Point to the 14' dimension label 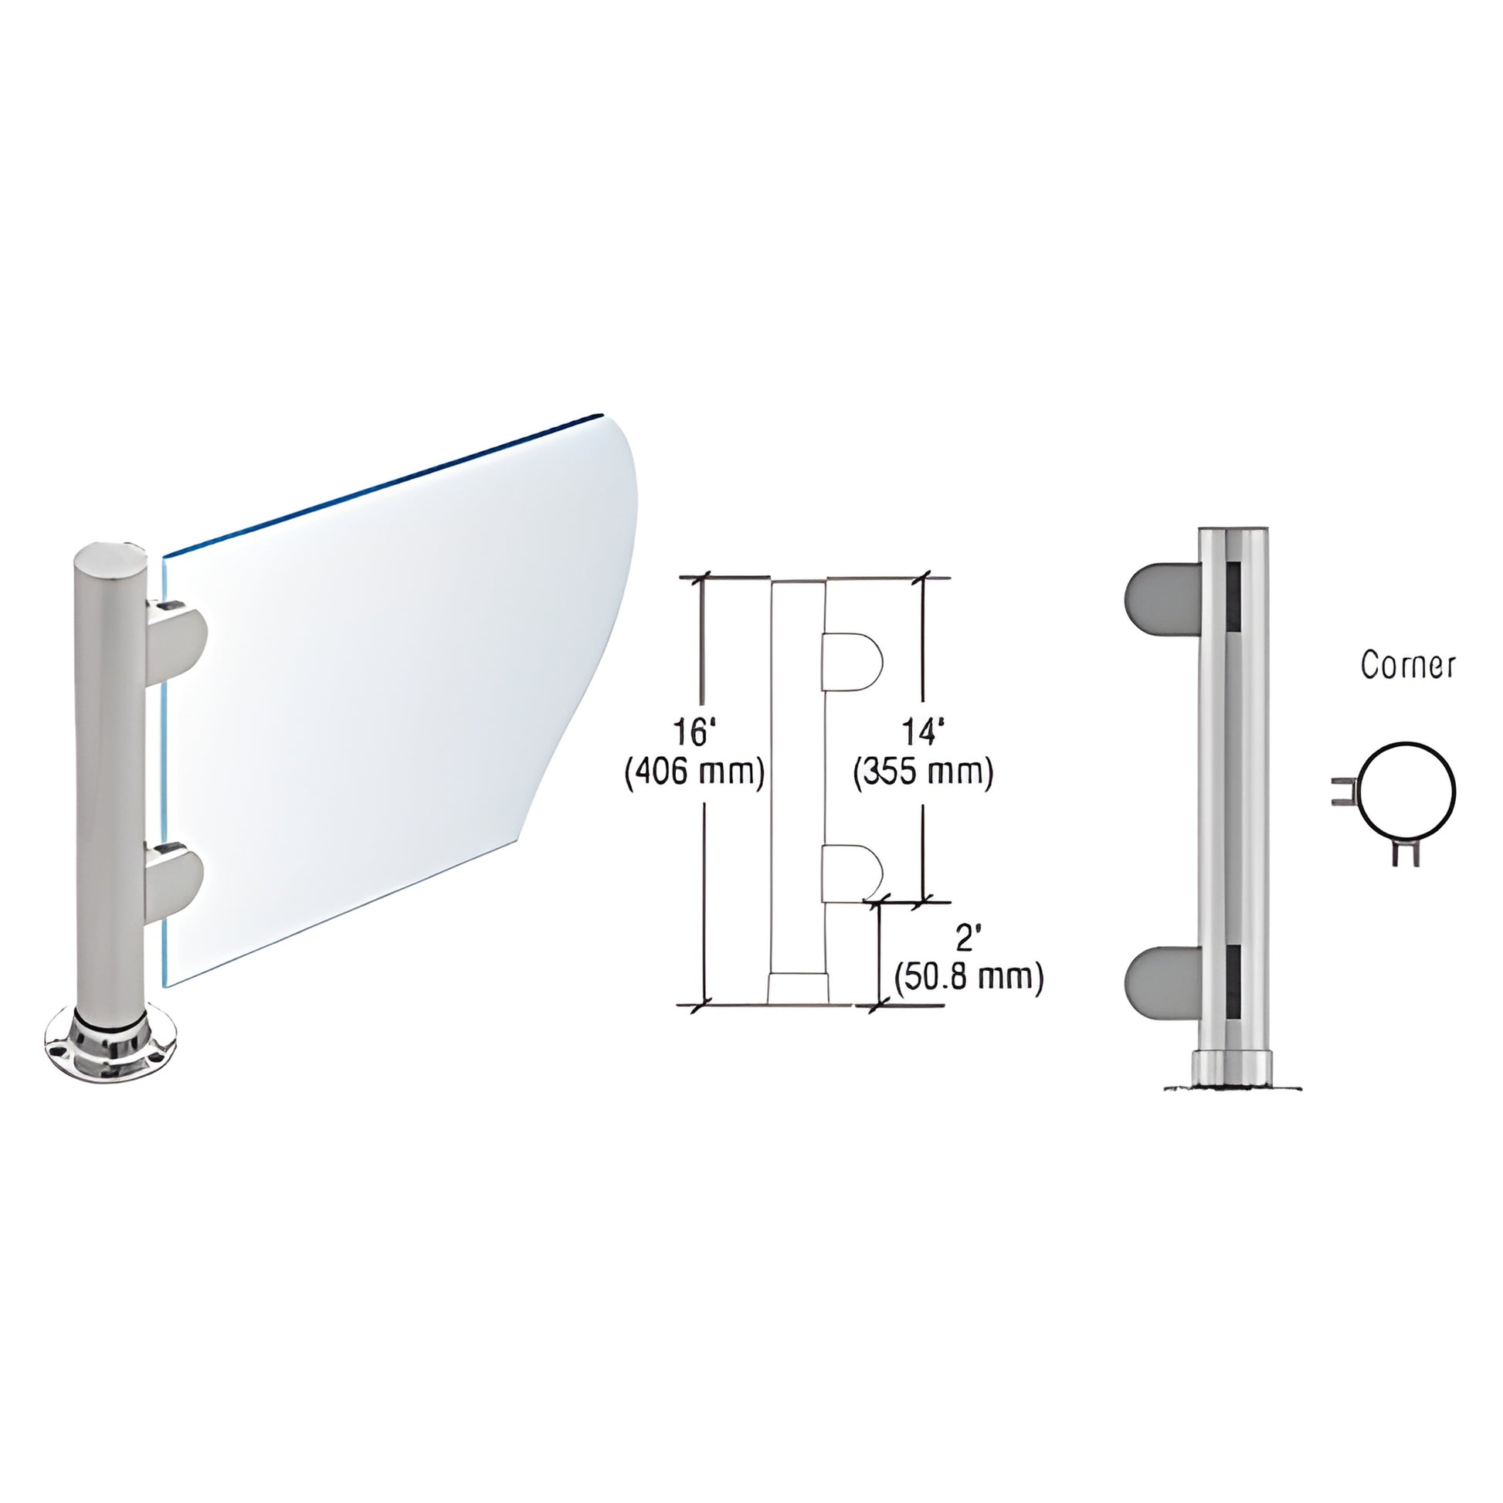click(x=924, y=733)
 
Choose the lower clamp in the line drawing click(x=852, y=872)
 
